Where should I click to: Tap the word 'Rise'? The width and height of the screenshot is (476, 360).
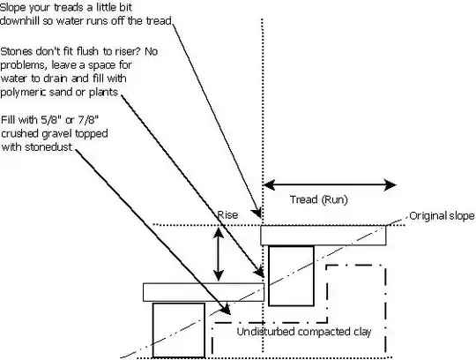pyautogui.click(x=227, y=214)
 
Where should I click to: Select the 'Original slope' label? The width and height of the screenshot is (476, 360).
pyautogui.click(x=443, y=216)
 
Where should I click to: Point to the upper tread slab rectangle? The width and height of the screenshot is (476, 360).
pyautogui.click(x=324, y=236)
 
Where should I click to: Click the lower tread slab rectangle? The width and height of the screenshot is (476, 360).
pyautogui.click(x=204, y=292)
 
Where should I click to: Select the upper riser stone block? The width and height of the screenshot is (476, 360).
pyautogui.click(x=291, y=274)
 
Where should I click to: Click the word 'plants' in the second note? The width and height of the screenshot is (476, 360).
pyautogui.click(x=117, y=91)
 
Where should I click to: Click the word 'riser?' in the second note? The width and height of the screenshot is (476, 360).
pyautogui.click(x=122, y=51)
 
